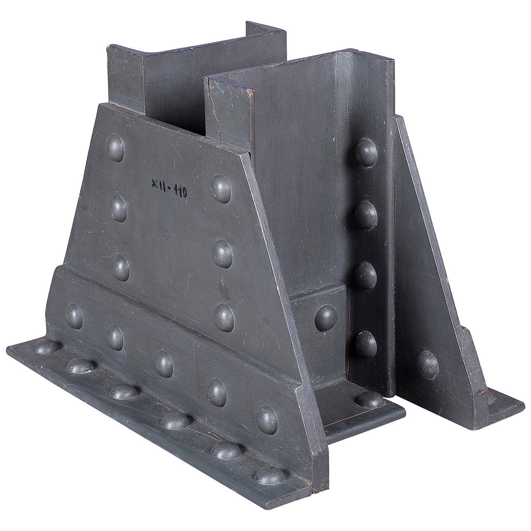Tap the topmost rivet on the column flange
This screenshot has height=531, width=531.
366,152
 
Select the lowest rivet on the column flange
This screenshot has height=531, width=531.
366,343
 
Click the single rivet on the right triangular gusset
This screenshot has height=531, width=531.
428,364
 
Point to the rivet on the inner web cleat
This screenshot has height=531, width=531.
325,317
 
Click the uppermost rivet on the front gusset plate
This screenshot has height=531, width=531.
115,148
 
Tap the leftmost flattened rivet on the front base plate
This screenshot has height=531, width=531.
46,347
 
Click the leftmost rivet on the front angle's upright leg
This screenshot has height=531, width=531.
74,316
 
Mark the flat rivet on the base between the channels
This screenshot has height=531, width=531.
369,399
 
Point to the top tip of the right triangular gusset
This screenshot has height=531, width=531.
399,118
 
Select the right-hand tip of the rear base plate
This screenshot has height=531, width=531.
524,402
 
